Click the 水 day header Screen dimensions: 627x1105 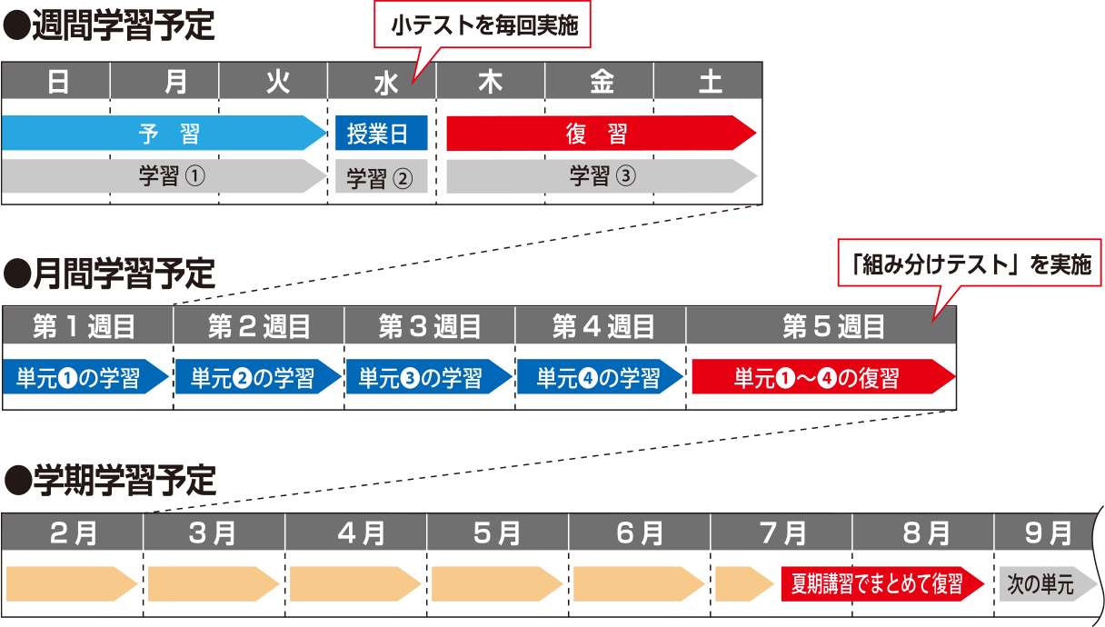(382, 83)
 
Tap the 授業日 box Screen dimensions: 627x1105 (382, 134)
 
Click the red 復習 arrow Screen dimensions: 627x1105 (600, 134)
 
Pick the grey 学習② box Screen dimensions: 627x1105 (382, 177)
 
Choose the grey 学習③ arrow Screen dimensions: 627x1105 (600, 176)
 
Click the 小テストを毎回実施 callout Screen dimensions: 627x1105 (483, 27)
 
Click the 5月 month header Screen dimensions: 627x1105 (497, 532)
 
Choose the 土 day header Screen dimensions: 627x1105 (709, 83)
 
